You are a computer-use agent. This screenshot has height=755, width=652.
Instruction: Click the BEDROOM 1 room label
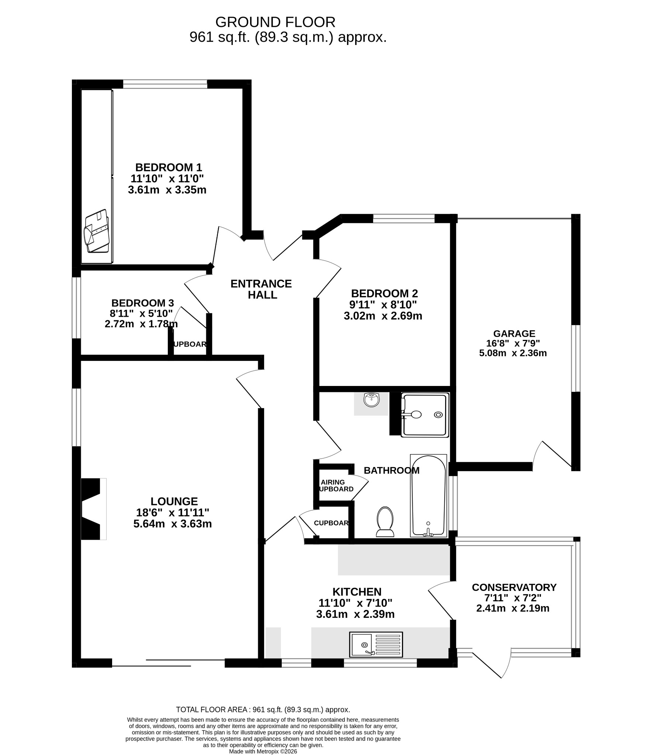point(169,167)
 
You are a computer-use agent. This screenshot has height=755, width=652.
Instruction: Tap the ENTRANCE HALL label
point(261,289)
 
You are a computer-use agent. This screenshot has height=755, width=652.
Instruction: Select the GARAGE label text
point(514,334)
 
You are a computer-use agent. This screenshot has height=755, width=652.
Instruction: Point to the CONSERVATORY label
point(514,587)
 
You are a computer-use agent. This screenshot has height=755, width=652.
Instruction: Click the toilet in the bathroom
point(385,521)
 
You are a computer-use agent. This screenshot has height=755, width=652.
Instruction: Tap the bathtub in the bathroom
point(428,495)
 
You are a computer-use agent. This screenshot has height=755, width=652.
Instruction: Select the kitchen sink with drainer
point(376,645)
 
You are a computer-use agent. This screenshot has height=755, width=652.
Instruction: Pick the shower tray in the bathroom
point(425,415)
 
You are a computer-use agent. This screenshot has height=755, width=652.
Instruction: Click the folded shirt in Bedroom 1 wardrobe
point(97,231)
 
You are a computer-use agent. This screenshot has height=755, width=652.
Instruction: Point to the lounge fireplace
point(94,509)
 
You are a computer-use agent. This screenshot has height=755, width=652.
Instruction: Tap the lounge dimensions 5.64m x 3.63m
point(173,524)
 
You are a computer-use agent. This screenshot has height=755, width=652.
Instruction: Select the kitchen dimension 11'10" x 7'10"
point(356,603)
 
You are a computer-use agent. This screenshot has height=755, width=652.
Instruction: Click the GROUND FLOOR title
point(275,22)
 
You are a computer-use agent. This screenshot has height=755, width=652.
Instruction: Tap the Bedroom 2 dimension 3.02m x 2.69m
point(383,316)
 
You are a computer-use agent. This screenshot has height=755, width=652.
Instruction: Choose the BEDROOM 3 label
point(143,303)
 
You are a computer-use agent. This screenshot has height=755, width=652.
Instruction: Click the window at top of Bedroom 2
point(404,218)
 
